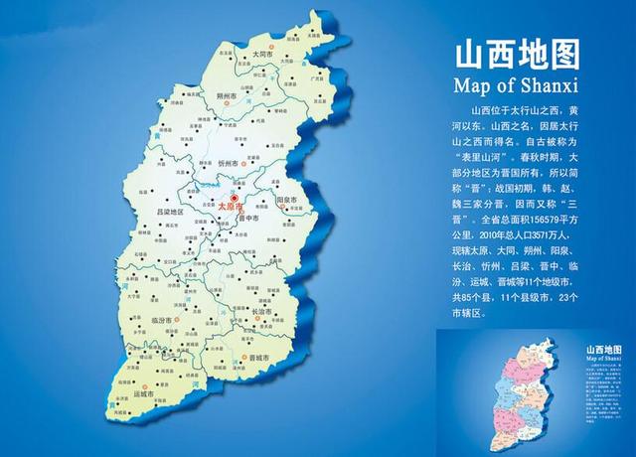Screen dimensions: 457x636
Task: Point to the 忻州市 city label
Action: click(x=228, y=160)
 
